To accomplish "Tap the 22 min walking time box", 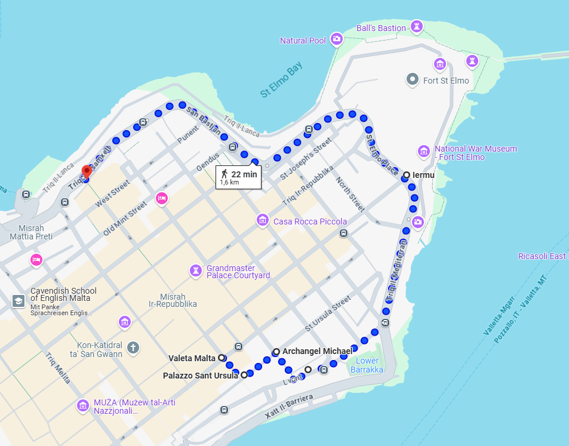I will point(239,177).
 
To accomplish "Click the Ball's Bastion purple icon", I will point(417,27).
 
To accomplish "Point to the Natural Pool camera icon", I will point(337,39).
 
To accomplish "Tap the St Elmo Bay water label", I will point(282,81).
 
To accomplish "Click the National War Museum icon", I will point(424,150).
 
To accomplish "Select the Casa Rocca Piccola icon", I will point(262,220).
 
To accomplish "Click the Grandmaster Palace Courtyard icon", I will point(195,271).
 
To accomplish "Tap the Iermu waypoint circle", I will point(407,175).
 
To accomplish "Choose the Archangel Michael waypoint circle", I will point(276,352).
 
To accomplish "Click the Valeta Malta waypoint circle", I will point(222,358).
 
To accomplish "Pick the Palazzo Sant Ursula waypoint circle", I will point(244,376).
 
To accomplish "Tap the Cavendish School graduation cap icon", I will point(19,301).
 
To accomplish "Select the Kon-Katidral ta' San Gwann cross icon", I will point(133,347).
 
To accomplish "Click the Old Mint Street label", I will point(125,219).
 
